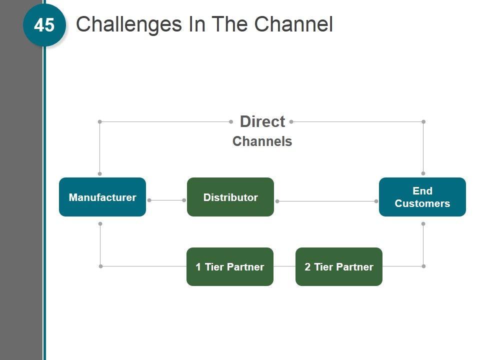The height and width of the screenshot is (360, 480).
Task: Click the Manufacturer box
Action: coord(102,197)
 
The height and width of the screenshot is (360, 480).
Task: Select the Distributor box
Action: coord(230,197)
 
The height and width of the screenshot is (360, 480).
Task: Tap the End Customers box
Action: coord(422,197)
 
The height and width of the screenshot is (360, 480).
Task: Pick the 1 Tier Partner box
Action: coord(230,266)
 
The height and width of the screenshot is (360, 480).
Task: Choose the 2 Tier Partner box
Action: coord(339,266)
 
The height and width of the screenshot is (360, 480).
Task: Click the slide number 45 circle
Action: coord(44,25)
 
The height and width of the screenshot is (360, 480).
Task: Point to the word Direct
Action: coord(262,121)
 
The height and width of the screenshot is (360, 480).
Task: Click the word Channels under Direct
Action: coord(262,141)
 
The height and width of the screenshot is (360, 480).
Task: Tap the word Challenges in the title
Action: coord(128,24)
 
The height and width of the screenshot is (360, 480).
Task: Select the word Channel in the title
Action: coord(293,24)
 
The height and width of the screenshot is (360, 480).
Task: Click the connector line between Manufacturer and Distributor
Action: coord(166,200)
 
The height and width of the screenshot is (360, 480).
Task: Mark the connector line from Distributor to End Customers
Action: coord(326,201)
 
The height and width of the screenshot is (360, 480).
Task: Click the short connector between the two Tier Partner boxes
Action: coord(284,266)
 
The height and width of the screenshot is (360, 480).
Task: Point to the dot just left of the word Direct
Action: coord(231,121)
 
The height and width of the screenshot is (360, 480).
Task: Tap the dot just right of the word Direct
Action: coord(291,121)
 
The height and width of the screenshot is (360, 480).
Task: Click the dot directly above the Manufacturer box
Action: coord(99,173)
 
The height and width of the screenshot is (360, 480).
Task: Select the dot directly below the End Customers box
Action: coord(423,224)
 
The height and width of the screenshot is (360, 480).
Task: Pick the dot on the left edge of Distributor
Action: coord(184,200)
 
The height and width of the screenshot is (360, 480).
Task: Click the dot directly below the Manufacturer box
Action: coord(100,224)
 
